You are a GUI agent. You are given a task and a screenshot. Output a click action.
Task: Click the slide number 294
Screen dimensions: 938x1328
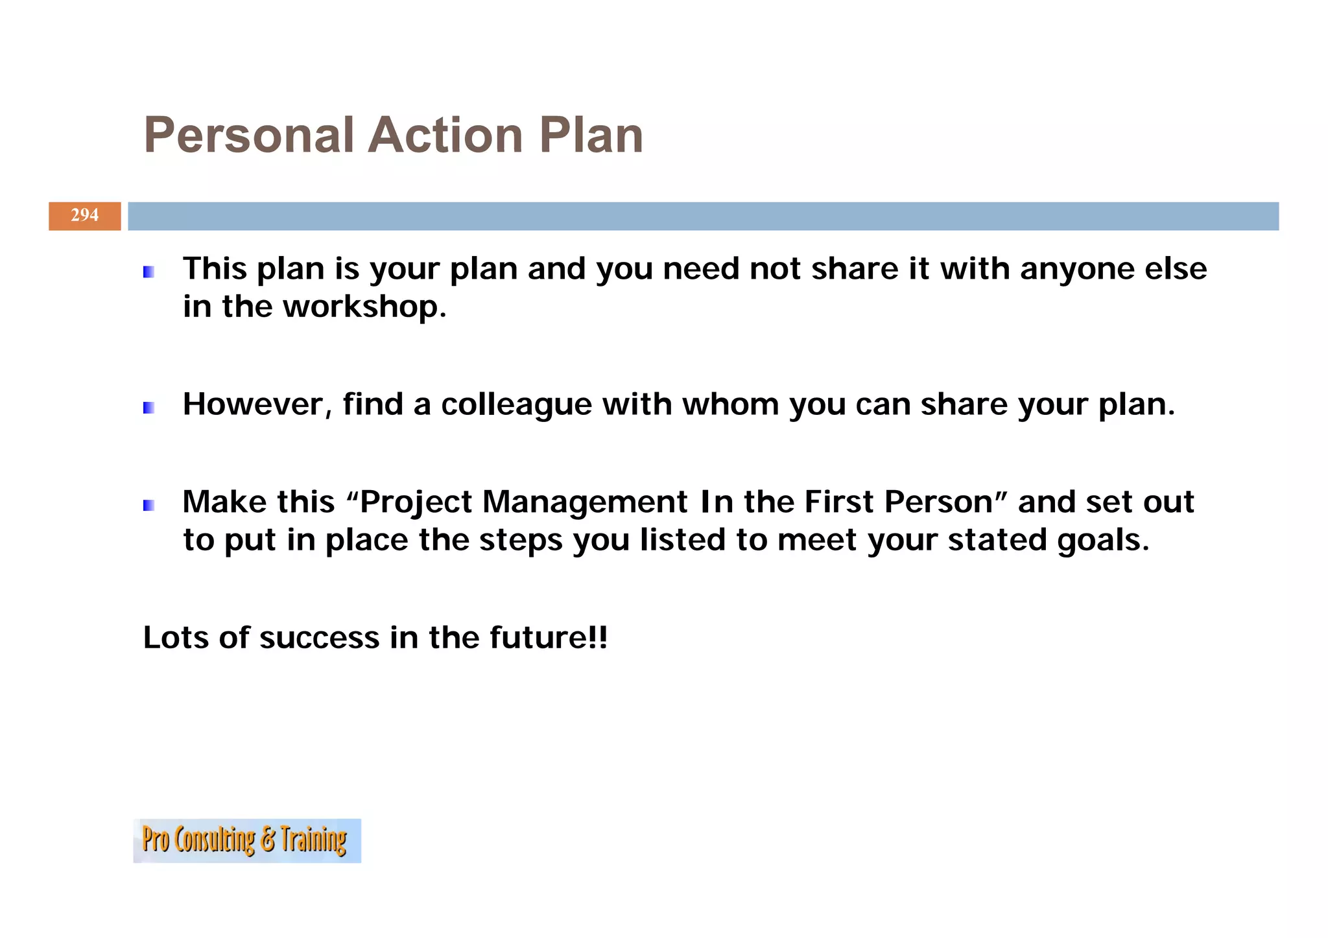click(84, 215)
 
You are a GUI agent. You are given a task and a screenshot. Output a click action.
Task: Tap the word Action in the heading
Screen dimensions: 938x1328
click(446, 135)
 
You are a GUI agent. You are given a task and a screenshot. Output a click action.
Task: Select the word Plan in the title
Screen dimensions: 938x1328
click(591, 135)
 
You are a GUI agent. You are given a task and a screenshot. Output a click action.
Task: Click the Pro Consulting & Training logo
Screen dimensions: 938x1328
click(246, 840)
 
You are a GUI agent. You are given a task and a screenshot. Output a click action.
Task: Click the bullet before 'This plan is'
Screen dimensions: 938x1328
click(148, 272)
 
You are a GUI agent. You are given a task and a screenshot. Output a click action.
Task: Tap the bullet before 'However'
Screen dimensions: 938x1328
click(148, 408)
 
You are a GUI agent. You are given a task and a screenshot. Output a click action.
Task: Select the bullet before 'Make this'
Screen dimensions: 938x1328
click(148, 505)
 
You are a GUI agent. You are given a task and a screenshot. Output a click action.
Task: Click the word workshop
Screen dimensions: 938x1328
click(364, 307)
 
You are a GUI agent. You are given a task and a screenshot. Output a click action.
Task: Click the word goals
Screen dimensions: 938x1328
click(1103, 541)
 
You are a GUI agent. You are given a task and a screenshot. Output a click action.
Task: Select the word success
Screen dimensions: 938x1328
click(319, 638)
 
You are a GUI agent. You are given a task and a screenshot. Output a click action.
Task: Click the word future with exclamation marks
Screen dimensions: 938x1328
click(548, 638)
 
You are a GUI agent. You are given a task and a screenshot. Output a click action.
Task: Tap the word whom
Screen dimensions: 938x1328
click(730, 405)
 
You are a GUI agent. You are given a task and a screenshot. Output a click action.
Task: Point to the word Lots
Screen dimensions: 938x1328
click(176, 638)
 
